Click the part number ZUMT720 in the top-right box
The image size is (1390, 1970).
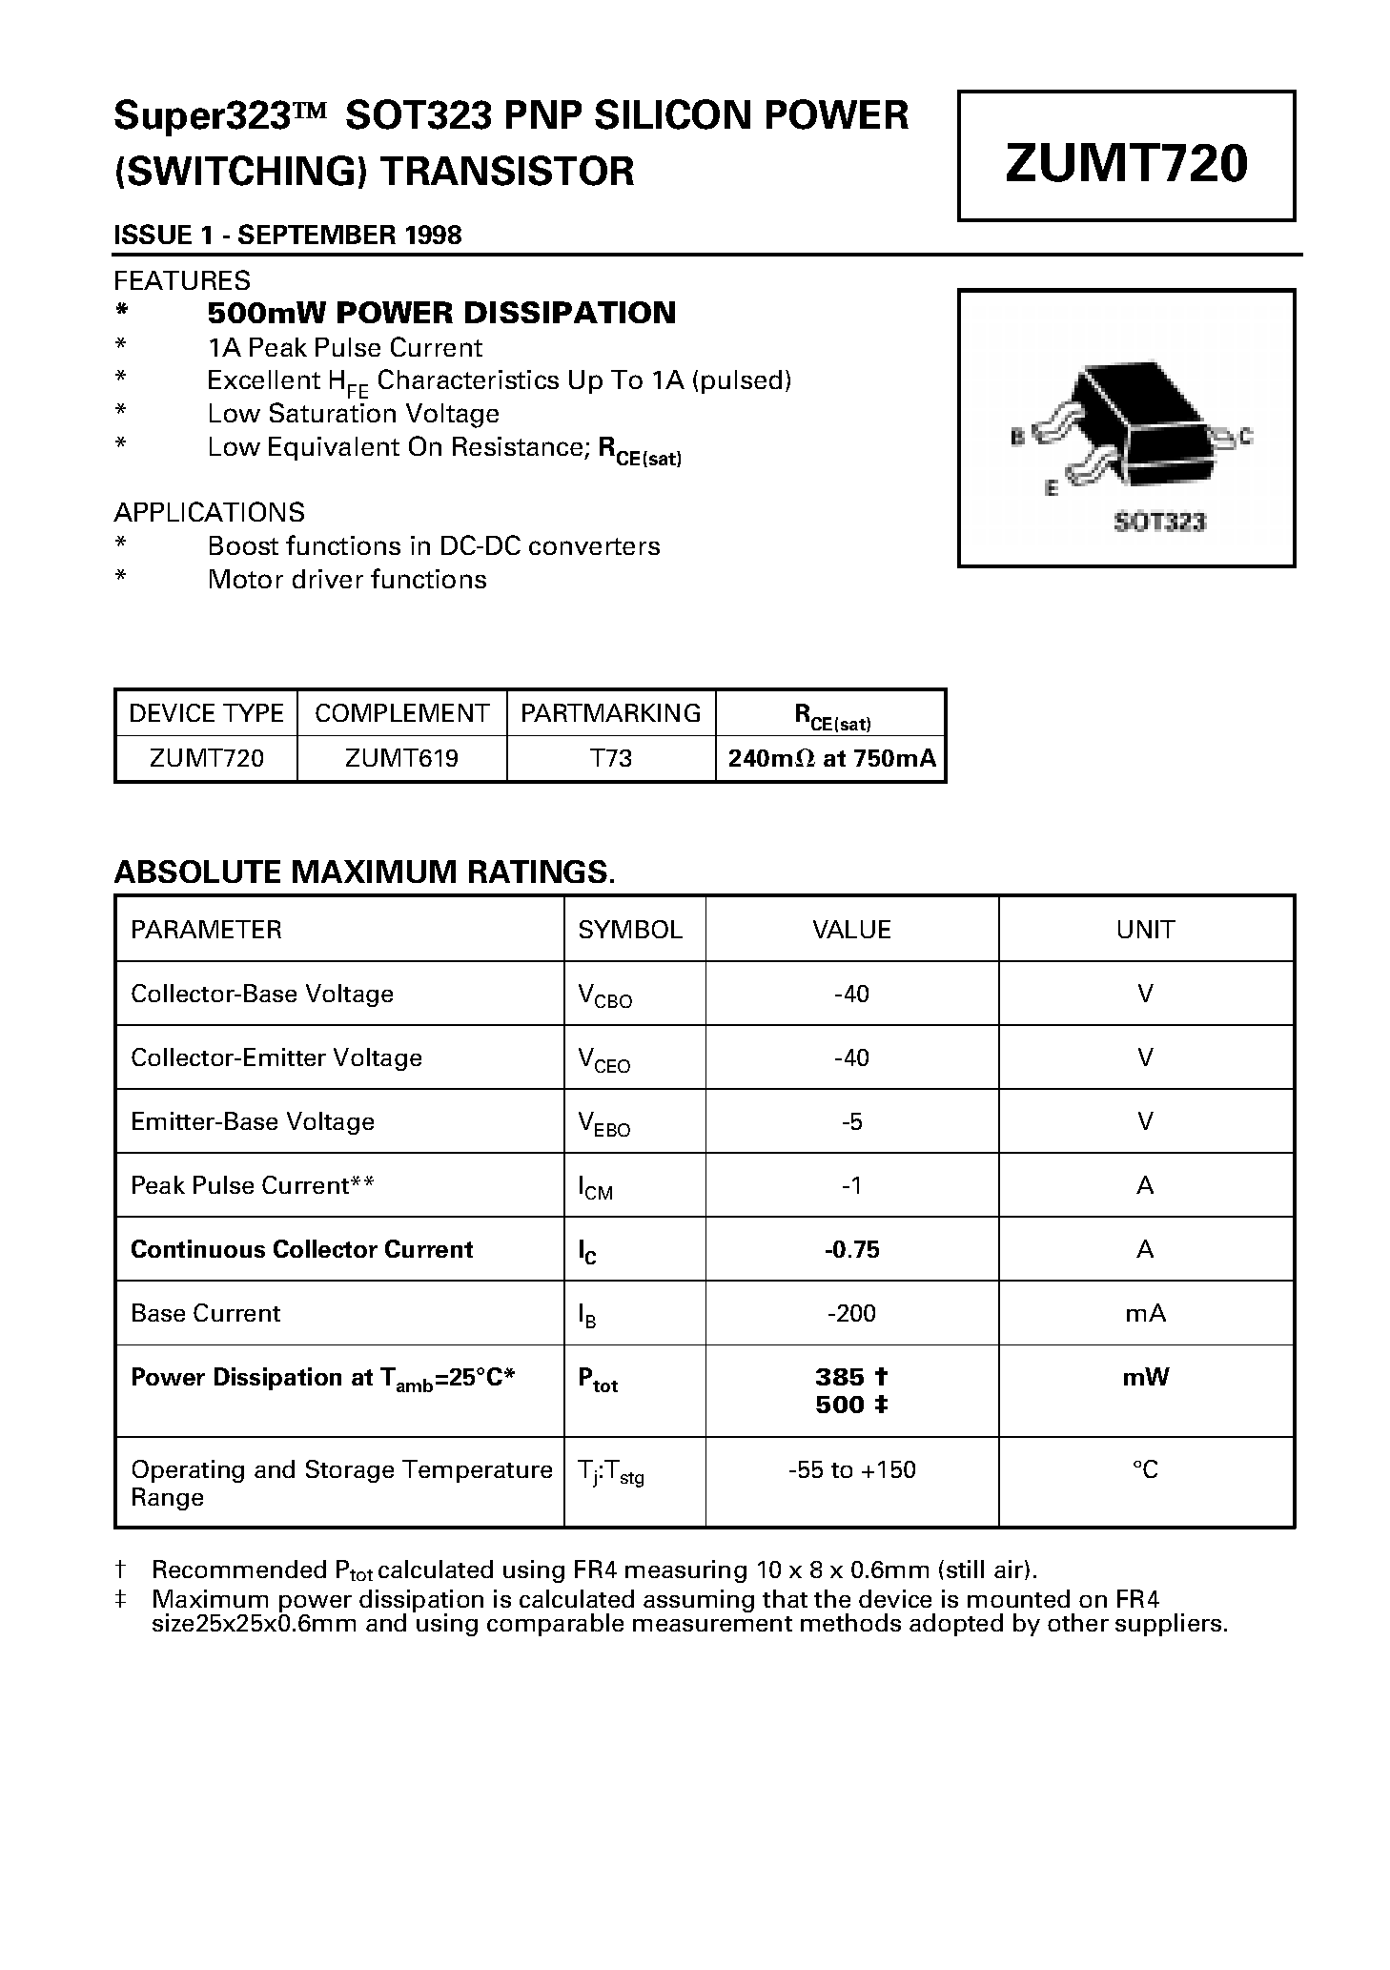point(1126,162)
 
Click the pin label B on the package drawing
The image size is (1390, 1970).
point(1017,438)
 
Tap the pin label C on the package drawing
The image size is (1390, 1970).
point(1246,438)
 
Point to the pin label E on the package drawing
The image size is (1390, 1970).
point(1051,488)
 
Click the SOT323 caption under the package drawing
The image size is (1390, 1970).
point(1159,522)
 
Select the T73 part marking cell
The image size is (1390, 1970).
point(611,758)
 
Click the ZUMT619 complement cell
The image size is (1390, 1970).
point(401,758)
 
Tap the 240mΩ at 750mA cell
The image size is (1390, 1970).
point(831,758)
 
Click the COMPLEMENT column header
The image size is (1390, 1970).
point(401,712)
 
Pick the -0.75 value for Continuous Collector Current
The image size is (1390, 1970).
point(851,1249)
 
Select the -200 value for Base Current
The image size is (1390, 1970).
point(851,1313)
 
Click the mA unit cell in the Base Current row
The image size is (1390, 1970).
point(1145,1313)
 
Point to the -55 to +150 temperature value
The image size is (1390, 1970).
point(851,1469)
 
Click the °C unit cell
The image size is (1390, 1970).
point(1145,1469)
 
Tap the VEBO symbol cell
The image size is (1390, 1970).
point(604,1123)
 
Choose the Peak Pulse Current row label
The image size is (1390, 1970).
point(252,1185)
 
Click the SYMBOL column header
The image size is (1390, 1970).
point(630,930)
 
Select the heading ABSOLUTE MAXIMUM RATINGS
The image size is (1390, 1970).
point(364,872)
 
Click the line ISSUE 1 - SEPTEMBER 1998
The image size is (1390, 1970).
point(287,235)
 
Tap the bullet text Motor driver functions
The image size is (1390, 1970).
point(347,579)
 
